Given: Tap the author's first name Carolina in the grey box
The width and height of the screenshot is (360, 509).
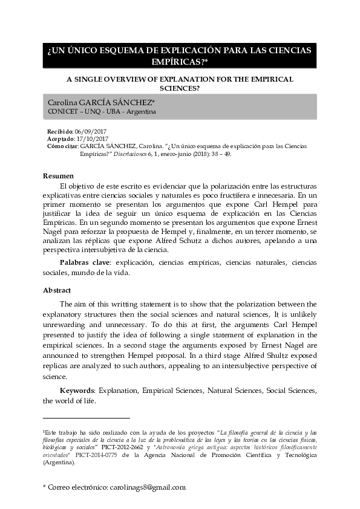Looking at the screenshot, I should tap(63, 103).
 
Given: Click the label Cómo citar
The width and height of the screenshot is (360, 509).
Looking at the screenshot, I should tap(62, 146).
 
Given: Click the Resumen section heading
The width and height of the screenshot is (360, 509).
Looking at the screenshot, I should tap(58, 175).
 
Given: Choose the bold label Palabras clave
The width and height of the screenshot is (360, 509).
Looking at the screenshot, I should tap(84, 263).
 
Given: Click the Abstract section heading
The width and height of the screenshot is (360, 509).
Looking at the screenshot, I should tap(57, 290).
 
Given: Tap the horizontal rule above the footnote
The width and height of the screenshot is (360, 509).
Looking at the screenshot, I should tap(87, 418).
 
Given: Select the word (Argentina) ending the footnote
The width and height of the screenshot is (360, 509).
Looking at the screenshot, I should tap(59, 463).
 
